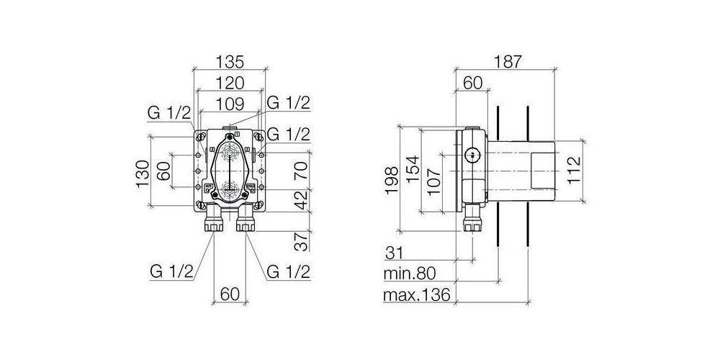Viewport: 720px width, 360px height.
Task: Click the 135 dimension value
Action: tap(230, 61)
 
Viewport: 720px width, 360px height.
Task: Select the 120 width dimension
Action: tap(230, 83)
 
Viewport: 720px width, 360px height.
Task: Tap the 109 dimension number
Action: tap(230, 104)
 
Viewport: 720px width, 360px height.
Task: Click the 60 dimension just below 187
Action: tap(472, 83)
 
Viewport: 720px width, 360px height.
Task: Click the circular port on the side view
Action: tap(472, 153)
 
